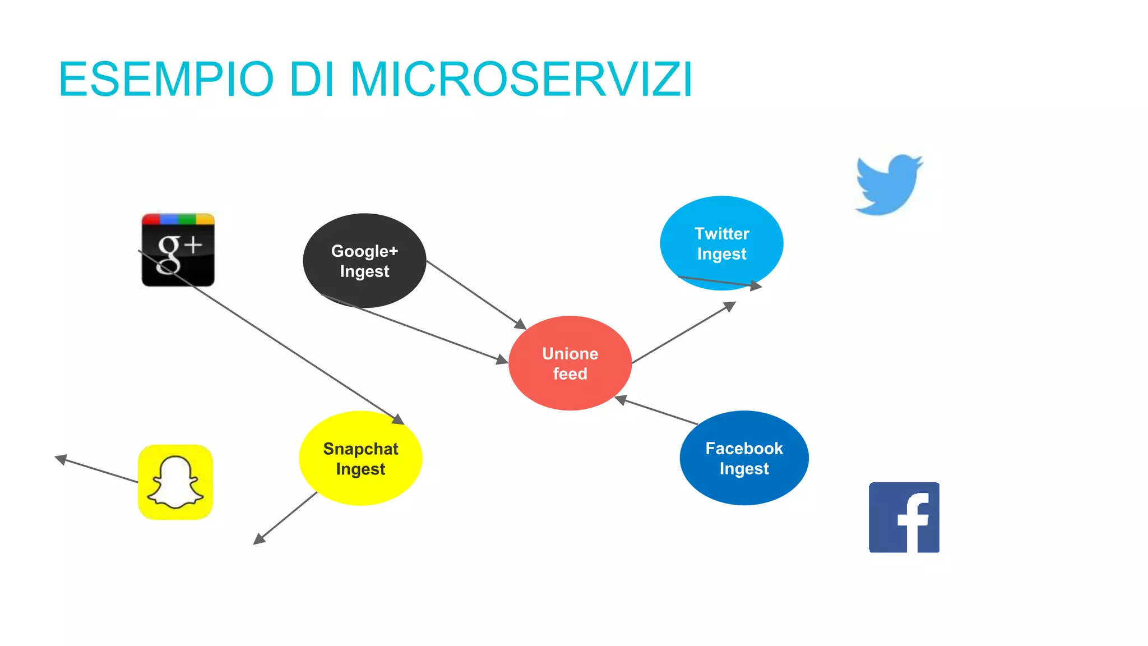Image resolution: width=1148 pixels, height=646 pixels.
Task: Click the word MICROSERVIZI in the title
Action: [x=521, y=79]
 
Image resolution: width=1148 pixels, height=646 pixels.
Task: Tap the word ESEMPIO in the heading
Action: [x=166, y=79]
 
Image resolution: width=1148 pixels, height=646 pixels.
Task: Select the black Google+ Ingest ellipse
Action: [x=364, y=261]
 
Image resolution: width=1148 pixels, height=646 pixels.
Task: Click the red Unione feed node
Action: [x=570, y=363]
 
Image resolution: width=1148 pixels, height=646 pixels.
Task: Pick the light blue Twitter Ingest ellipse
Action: [x=721, y=243]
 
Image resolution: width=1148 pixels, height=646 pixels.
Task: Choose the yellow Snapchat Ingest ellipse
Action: [x=360, y=458]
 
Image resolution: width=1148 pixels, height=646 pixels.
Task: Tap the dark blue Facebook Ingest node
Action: [x=744, y=458]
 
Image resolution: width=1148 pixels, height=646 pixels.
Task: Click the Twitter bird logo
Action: [x=888, y=185]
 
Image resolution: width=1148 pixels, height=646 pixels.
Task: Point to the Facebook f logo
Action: [x=904, y=517]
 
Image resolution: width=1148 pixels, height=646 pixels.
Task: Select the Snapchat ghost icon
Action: [x=175, y=482]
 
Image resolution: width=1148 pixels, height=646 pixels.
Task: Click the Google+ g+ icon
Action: [x=178, y=250]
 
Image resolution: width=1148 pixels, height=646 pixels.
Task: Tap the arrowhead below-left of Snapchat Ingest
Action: [x=258, y=539]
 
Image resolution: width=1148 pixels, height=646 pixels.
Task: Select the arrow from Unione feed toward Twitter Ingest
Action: [x=684, y=333]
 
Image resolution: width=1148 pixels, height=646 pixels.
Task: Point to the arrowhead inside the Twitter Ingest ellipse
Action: [x=756, y=286]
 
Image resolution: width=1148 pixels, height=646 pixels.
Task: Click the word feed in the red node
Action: [x=570, y=374]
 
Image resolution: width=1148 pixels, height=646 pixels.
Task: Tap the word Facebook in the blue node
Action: [x=744, y=449]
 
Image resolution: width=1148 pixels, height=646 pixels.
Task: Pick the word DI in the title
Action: [x=311, y=79]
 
